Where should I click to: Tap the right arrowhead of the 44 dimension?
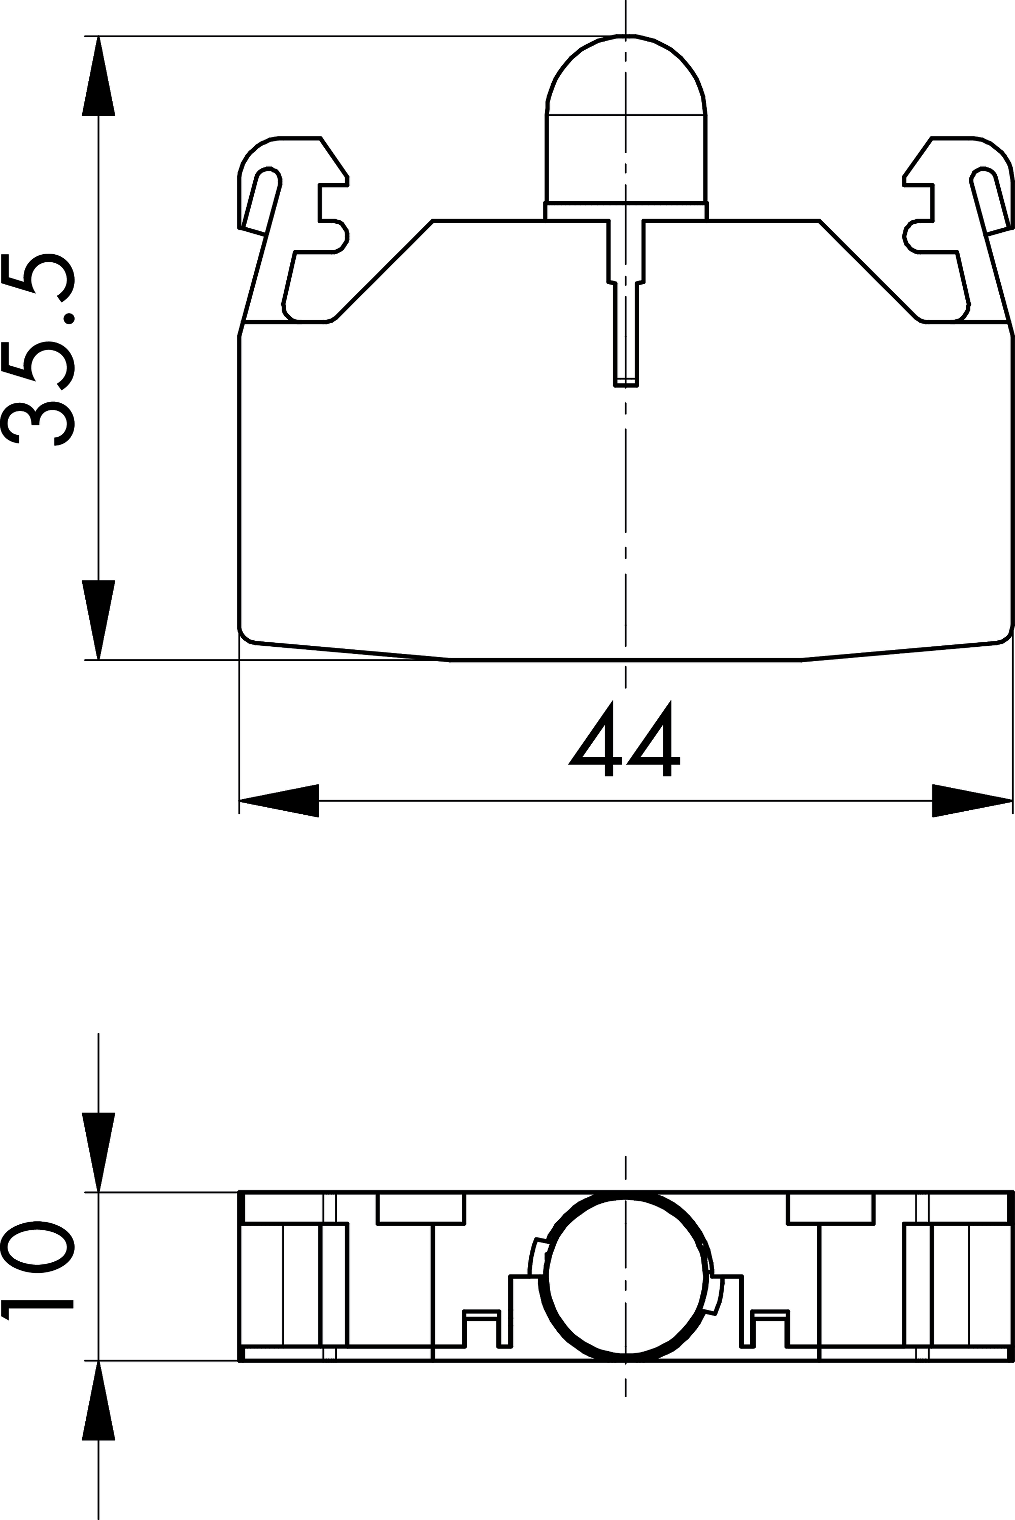[972, 801]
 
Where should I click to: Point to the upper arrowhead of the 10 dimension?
[98, 1153]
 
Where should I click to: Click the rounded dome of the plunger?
[625, 75]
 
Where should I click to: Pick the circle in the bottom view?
[625, 1277]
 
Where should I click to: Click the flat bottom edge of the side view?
[625, 660]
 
